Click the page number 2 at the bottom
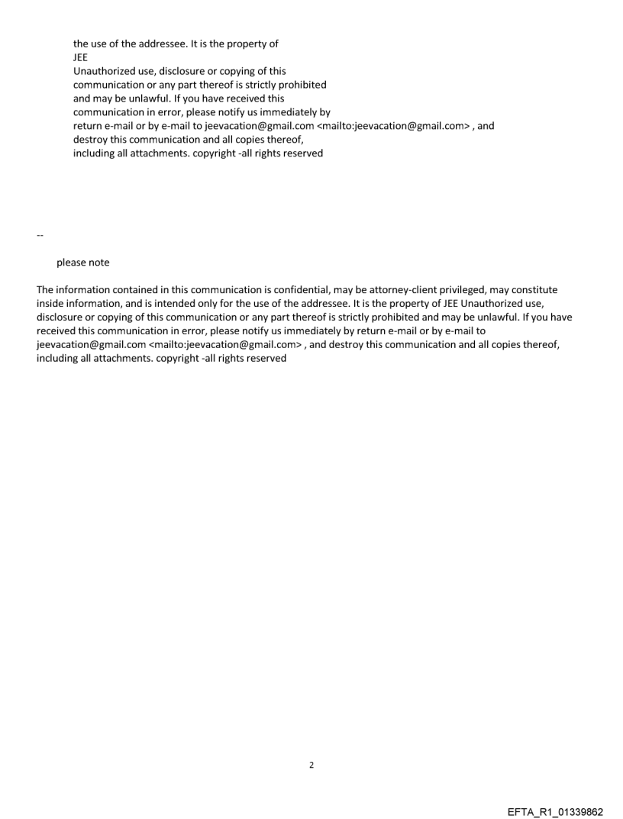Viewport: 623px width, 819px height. pyautogui.click(x=311, y=764)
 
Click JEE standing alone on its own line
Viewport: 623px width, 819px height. pyautogui.click(x=80, y=57)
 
